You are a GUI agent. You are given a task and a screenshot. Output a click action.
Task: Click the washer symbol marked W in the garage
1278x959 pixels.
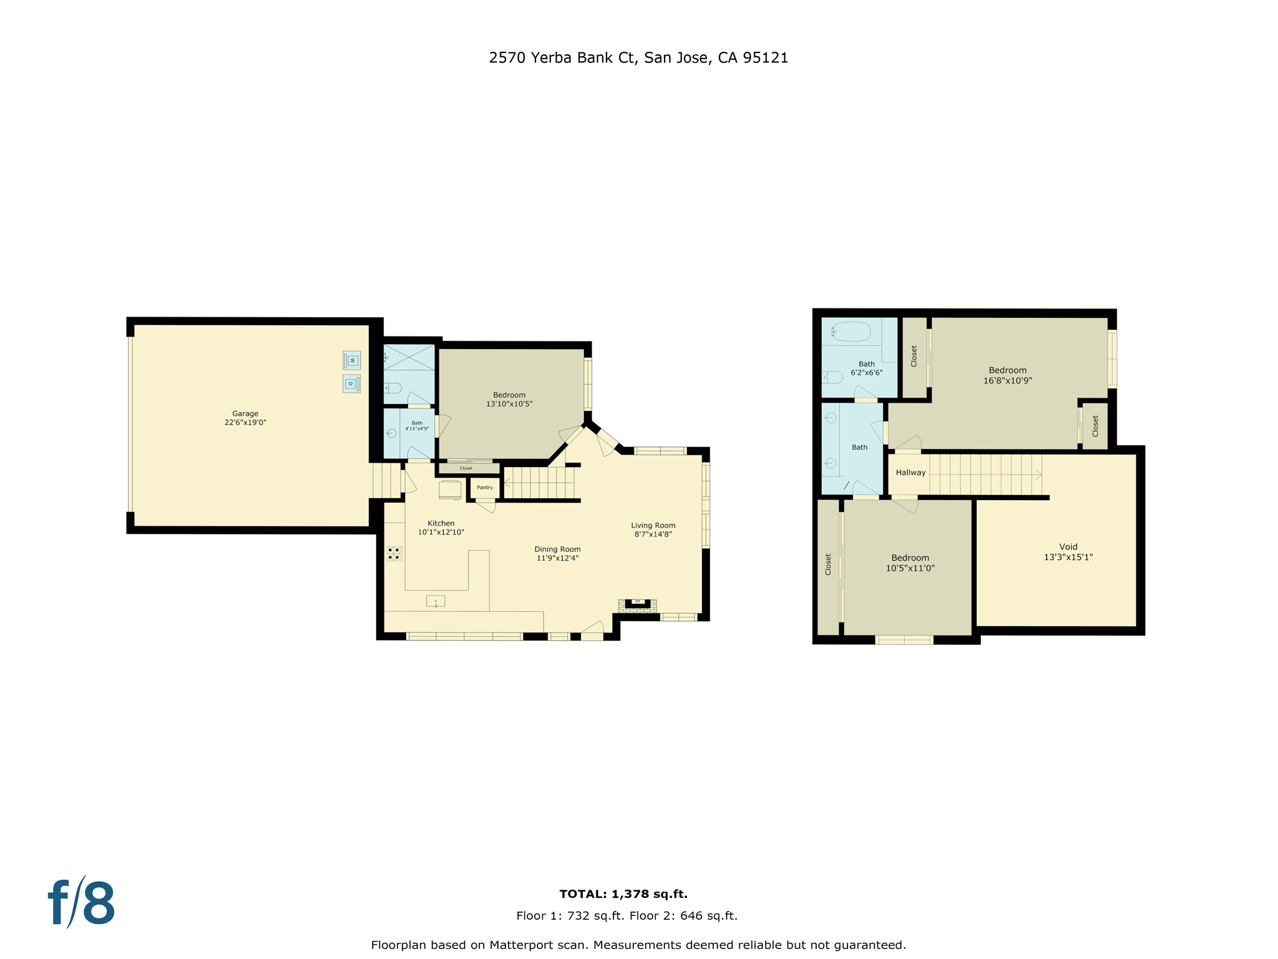point(351,360)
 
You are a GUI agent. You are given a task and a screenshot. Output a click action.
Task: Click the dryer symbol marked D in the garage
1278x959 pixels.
point(351,383)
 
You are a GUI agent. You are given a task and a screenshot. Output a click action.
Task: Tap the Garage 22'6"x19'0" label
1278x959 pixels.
point(245,418)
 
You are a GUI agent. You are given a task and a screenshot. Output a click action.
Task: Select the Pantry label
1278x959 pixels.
point(485,487)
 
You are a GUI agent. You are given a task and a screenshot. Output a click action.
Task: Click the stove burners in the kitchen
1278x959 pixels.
point(394,553)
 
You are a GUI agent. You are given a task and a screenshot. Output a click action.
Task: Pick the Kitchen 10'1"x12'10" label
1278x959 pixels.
point(441,528)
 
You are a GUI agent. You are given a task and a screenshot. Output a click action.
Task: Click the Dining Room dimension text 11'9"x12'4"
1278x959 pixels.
point(557,558)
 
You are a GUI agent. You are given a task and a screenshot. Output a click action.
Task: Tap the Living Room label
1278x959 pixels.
point(653,525)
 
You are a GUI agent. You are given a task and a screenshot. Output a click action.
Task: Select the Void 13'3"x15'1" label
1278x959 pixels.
point(1068,552)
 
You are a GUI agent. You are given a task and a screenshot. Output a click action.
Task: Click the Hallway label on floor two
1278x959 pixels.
point(910,473)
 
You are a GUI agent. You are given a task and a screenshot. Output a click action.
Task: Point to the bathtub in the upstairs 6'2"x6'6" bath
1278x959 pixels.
point(851,331)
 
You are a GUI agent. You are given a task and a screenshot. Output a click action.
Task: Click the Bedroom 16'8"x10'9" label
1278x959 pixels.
point(1007,375)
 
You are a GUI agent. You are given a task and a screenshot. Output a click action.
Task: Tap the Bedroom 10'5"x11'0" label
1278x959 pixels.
point(910,563)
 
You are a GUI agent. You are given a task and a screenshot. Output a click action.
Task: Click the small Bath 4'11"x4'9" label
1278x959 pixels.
point(417,426)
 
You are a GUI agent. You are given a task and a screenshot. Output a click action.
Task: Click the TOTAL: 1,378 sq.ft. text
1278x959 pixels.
point(623,893)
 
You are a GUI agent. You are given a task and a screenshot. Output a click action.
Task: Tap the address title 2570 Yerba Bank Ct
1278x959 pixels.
point(638,57)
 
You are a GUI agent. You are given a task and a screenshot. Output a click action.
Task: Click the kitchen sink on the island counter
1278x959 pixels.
point(436,601)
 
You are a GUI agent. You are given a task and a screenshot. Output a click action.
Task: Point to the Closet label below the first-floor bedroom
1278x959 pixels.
point(466,468)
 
